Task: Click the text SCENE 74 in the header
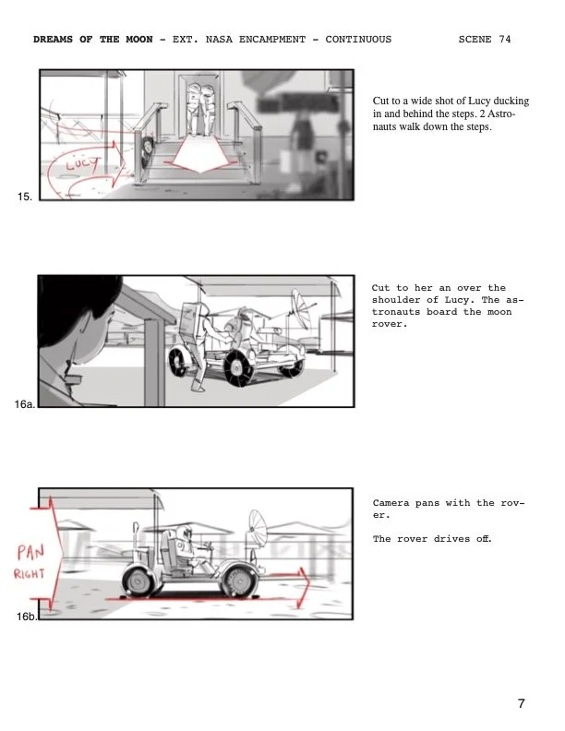[484, 40]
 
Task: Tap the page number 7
[522, 704]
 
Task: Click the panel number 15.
[25, 197]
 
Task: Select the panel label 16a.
[25, 403]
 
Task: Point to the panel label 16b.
[27, 616]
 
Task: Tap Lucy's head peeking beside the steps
[148, 147]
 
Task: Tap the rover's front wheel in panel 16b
[239, 581]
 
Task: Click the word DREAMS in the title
[54, 40]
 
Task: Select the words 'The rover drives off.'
[431, 539]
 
